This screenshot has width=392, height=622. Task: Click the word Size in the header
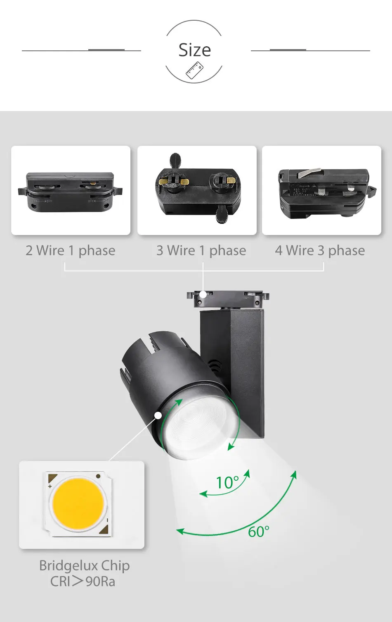[194, 50]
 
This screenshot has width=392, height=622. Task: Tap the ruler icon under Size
[194, 70]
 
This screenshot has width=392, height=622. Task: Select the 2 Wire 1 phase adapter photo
[71, 190]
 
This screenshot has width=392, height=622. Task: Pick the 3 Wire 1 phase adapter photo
[197, 190]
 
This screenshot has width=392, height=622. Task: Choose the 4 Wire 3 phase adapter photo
[322, 190]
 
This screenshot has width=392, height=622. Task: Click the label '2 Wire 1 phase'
[71, 250]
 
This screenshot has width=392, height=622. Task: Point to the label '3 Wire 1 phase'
[201, 250]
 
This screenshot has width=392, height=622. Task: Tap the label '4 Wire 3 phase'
[320, 250]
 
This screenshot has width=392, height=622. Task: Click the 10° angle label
[227, 482]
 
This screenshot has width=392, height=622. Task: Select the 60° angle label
[259, 532]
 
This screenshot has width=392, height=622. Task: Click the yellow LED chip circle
[78, 503]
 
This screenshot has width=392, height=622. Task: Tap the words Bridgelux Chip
[84, 565]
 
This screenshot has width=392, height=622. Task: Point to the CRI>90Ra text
[83, 582]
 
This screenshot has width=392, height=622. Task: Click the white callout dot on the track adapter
[203, 294]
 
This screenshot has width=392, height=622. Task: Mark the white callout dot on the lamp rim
[158, 415]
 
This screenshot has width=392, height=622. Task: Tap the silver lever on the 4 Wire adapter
[309, 173]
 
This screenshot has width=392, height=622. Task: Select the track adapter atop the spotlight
[228, 299]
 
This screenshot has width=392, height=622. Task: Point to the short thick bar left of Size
[106, 50]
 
